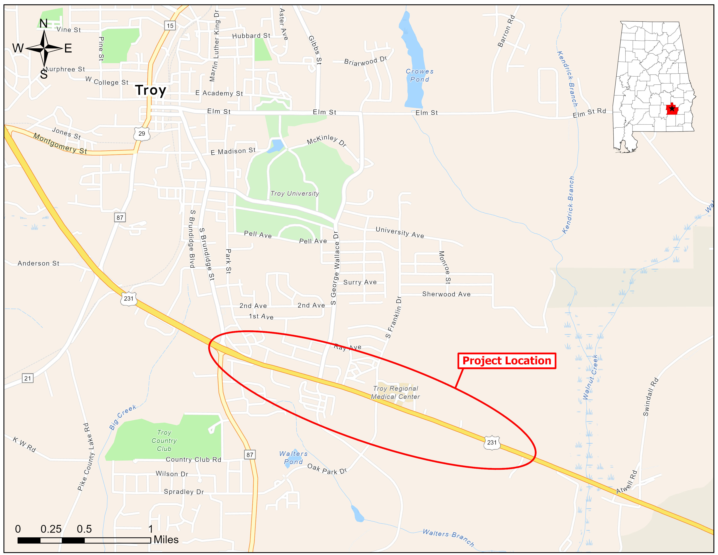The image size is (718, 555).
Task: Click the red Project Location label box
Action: (x=507, y=361)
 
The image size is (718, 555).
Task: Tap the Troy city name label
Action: (x=151, y=90)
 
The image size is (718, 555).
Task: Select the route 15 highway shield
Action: (x=170, y=26)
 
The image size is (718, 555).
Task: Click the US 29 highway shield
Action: (x=142, y=133)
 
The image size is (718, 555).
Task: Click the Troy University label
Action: (x=295, y=193)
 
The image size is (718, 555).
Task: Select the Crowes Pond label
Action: (x=419, y=75)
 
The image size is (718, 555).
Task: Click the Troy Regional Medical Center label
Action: (x=396, y=393)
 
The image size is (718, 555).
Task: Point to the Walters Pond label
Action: (x=293, y=458)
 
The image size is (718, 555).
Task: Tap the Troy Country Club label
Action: (x=164, y=441)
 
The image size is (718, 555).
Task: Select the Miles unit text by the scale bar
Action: (x=166, y=540)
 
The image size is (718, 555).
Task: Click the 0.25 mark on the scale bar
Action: (x=51, y=529)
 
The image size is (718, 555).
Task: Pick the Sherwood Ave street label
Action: (x=446, y=294)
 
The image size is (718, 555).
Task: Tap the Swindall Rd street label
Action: (x=651, y=397)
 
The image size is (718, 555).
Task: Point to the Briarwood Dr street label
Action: (x=365, y=61)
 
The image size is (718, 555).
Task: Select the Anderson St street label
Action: (x=39, y=263)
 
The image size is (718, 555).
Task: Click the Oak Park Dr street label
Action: (x=327, y=469)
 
